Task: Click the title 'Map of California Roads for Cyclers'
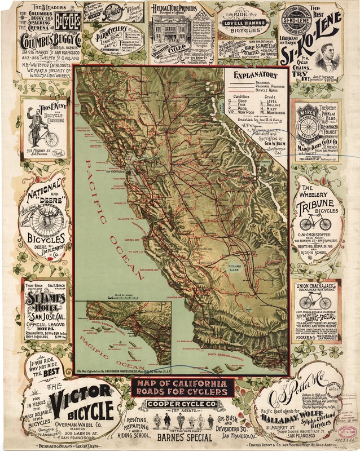tap(181, 388)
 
